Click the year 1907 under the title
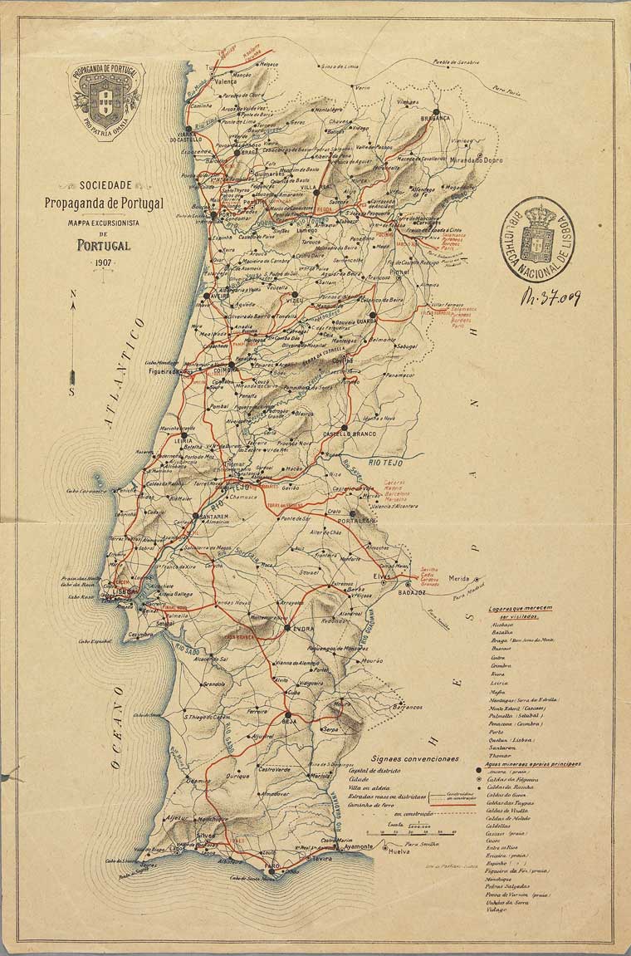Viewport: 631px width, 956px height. point(104,263)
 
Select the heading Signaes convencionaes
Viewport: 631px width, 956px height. point(414,758)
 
